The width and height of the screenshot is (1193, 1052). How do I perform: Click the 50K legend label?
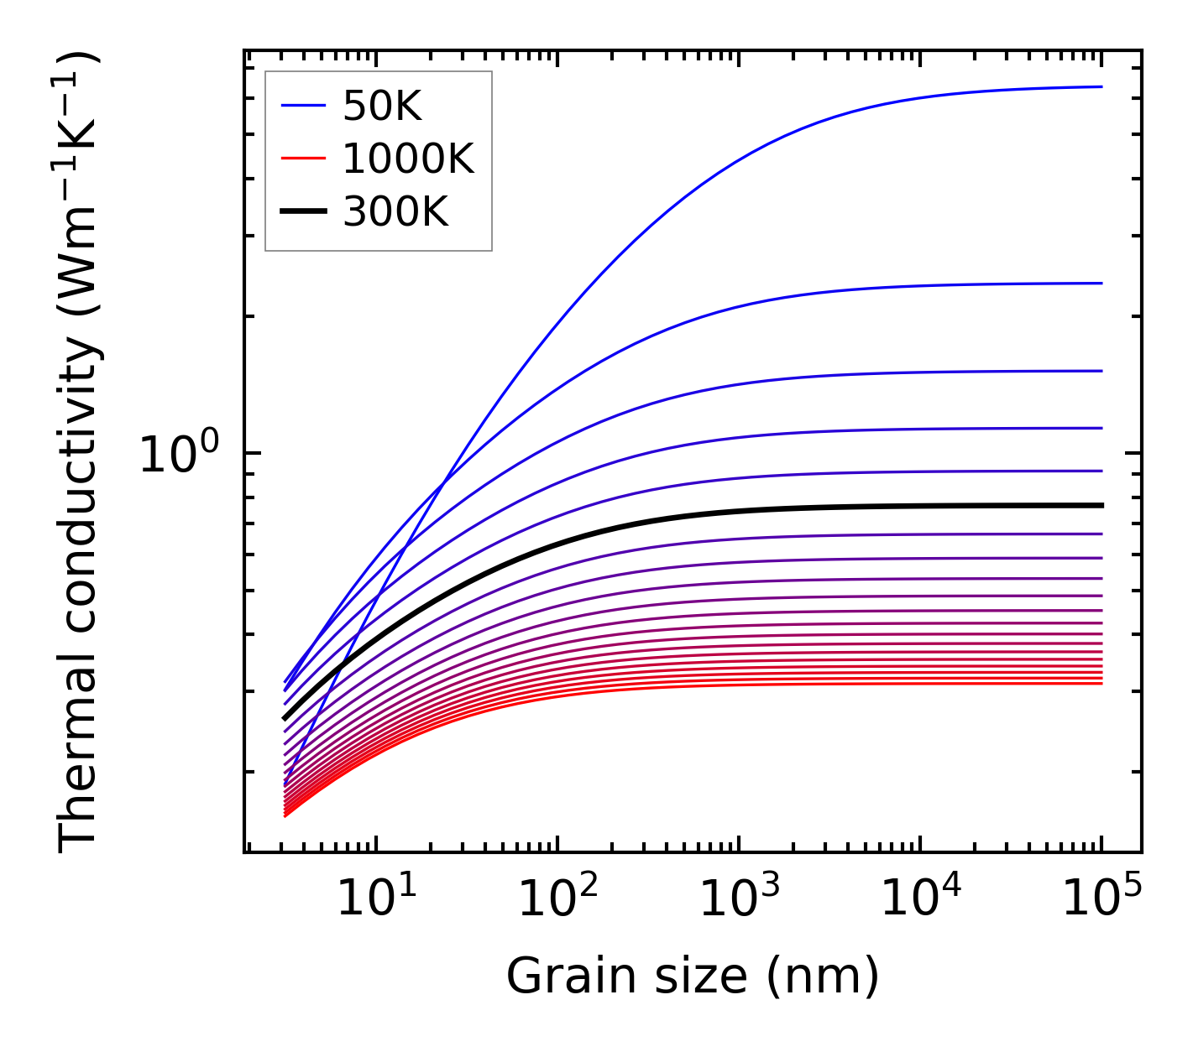point(382,107)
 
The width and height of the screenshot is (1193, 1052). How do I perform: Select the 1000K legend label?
point(408,159)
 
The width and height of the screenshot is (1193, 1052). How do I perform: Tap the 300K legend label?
point(395,212)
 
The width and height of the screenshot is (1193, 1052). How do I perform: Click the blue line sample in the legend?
point(303,107)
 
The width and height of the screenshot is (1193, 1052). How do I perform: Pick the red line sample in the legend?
point(303,159)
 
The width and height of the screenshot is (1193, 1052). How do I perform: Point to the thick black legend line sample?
point(303,212)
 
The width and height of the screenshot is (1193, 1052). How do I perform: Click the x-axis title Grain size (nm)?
point(693,977)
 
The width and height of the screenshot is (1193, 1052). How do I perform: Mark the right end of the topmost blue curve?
point(1101,86)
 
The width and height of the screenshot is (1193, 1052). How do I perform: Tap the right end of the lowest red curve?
point(1101,683)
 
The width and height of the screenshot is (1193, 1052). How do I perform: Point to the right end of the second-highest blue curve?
point(1101,284)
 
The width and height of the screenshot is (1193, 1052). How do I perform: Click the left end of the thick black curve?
point(285,718)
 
